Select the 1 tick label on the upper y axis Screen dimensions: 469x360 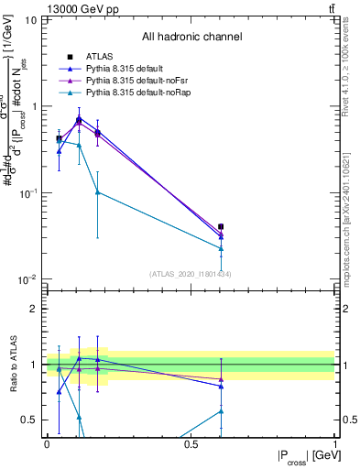pyautogui.click(x=34, y=106)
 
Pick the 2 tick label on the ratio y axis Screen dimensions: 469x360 pyautogui.click(x=34, y=309)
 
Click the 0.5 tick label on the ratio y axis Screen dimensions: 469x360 pyautogui.click(x=29, y=420)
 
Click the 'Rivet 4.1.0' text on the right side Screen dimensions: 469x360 pyautogui.click(x=352, y=92)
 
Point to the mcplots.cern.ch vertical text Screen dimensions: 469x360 pyautogui.click(x=352, y=220)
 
